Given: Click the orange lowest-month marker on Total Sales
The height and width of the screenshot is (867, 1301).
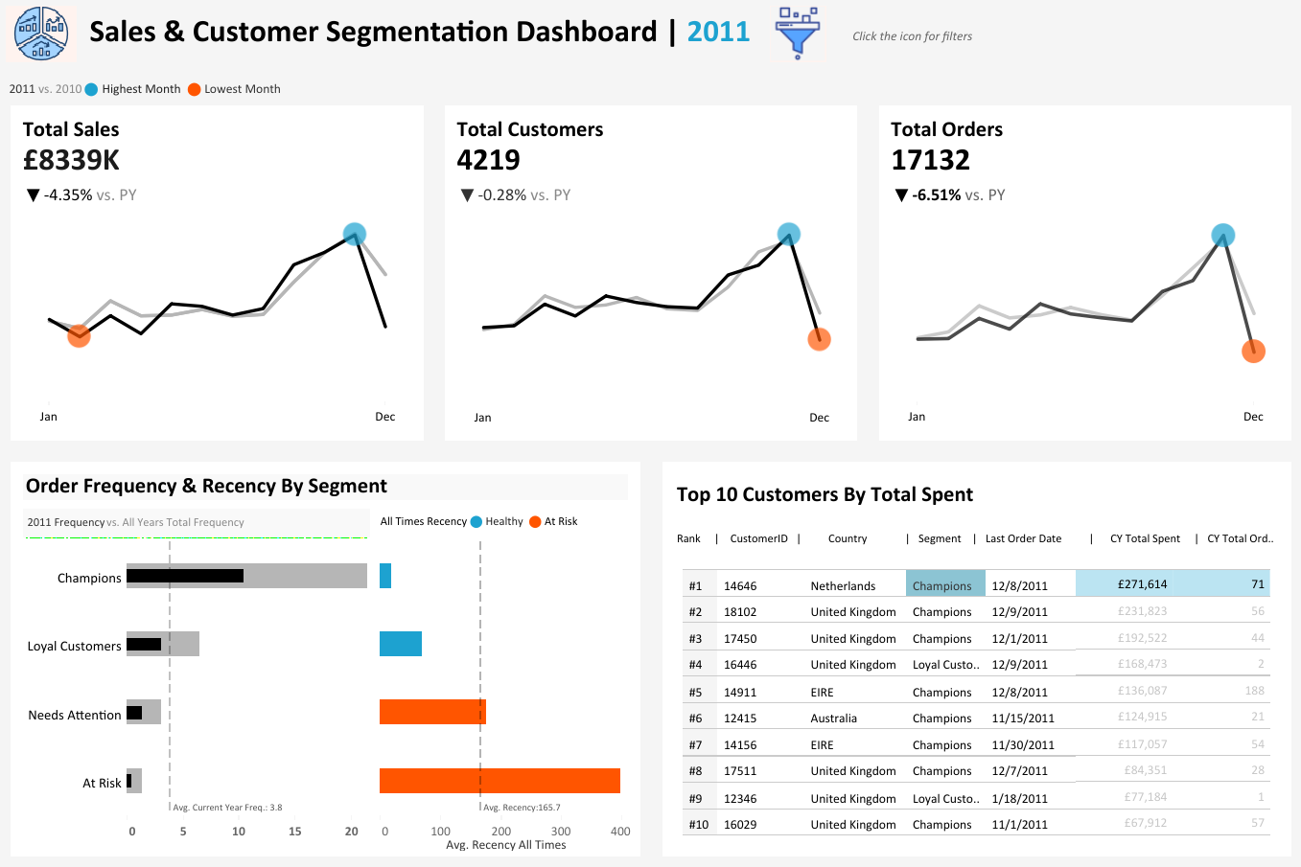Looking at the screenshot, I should tap(79, 335).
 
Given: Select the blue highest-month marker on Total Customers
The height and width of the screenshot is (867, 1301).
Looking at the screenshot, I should tap(788, 234).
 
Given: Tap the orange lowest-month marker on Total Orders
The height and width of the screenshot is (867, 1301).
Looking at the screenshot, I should tap(1253, 352).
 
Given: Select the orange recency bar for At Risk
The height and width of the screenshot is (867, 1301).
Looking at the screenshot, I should tap(499, 781).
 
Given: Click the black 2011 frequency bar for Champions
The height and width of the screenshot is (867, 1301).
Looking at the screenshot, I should tap(185, 576).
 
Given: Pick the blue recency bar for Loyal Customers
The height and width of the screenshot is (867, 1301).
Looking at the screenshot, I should tap(401, 644).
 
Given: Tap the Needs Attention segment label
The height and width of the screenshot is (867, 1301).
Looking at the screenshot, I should tap(75, 715).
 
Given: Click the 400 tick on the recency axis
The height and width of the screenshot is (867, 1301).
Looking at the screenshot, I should tap(620, 832).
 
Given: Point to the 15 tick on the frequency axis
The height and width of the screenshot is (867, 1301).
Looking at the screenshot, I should tap(295, 832).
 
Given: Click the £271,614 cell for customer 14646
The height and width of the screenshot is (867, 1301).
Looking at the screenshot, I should tap(1142, 584).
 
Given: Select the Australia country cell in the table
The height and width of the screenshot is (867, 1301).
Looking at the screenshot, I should tap(834, 719).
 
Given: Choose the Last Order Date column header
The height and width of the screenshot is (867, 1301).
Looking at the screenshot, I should tap(1023, 538).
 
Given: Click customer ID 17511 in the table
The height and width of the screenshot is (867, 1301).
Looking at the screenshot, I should tap(740, 771).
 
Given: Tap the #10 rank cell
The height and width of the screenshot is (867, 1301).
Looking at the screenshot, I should tap(698, 825).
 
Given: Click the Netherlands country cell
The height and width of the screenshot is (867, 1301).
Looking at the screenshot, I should tap(843, 586).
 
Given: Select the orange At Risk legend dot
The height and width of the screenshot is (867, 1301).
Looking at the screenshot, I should tap(535, 521).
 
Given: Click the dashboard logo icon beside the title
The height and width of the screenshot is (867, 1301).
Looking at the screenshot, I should tap(41, 33).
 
